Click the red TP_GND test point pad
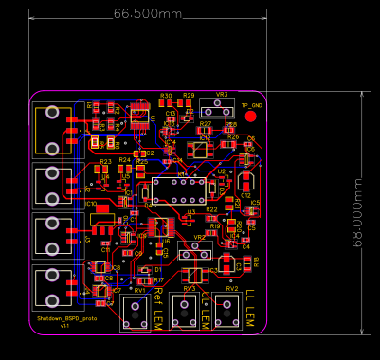[251, 117]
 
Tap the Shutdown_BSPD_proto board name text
[66, 319]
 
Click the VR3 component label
[222, 95]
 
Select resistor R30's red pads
[166, 103]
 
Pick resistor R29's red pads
[189, 103]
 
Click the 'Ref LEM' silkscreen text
[159, 308]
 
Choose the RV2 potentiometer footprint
[227, 313]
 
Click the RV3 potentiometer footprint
[190, 313]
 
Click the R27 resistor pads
[206, 132]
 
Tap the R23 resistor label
[105, 162]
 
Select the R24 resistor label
[124, 160]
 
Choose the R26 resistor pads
[232, 145]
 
